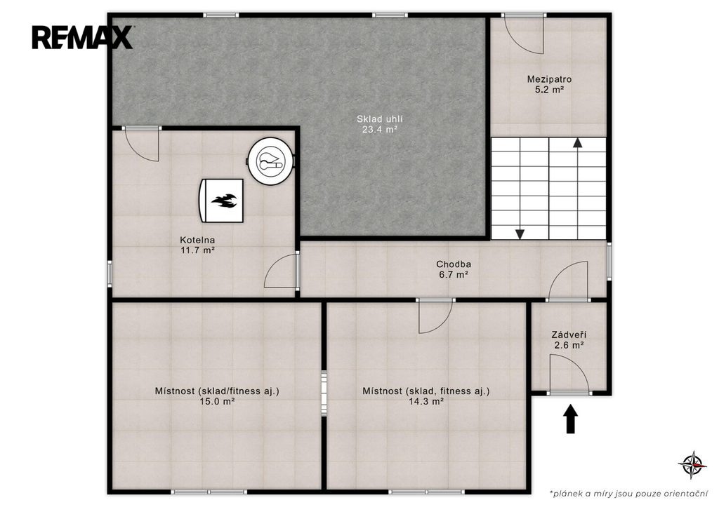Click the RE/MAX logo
tap(82, 37)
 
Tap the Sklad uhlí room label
tap(380, 119)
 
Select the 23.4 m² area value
tap(380, 130)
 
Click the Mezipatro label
tap(549, 80)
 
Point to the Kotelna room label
tap(197, 240)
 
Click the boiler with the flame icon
tap(221, 201)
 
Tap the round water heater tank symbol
tap(271, 161)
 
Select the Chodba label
tap(454, 264)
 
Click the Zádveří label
tap(569, 335)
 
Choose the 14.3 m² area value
tap(426, 402)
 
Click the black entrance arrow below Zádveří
tap(570, 419)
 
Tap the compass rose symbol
tap(692, 464)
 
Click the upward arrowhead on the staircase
tap(578, 142)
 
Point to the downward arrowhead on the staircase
tap(520, 234)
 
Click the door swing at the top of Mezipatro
tap(525, 33)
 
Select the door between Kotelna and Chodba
tap(282, 271)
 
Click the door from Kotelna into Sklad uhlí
tap(142, 144)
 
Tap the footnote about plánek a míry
tap(628, 493)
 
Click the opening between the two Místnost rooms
tap(324, 393)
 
